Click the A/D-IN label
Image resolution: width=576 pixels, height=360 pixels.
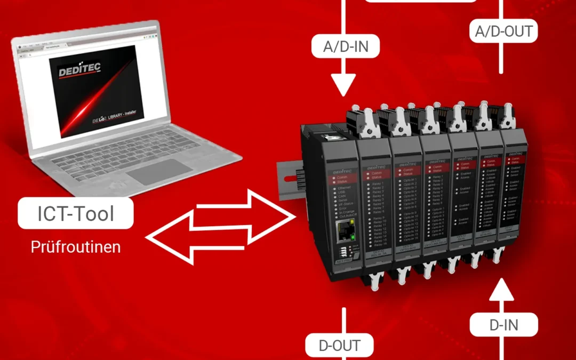point(345,47)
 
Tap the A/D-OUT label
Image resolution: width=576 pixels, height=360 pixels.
point(504,31)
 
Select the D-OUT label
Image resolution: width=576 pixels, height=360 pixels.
point(340,345)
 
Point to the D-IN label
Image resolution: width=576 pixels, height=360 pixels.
point(503,324)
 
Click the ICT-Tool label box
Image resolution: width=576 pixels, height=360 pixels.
point(75,214)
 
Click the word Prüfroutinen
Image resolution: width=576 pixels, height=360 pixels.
point(75,247)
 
